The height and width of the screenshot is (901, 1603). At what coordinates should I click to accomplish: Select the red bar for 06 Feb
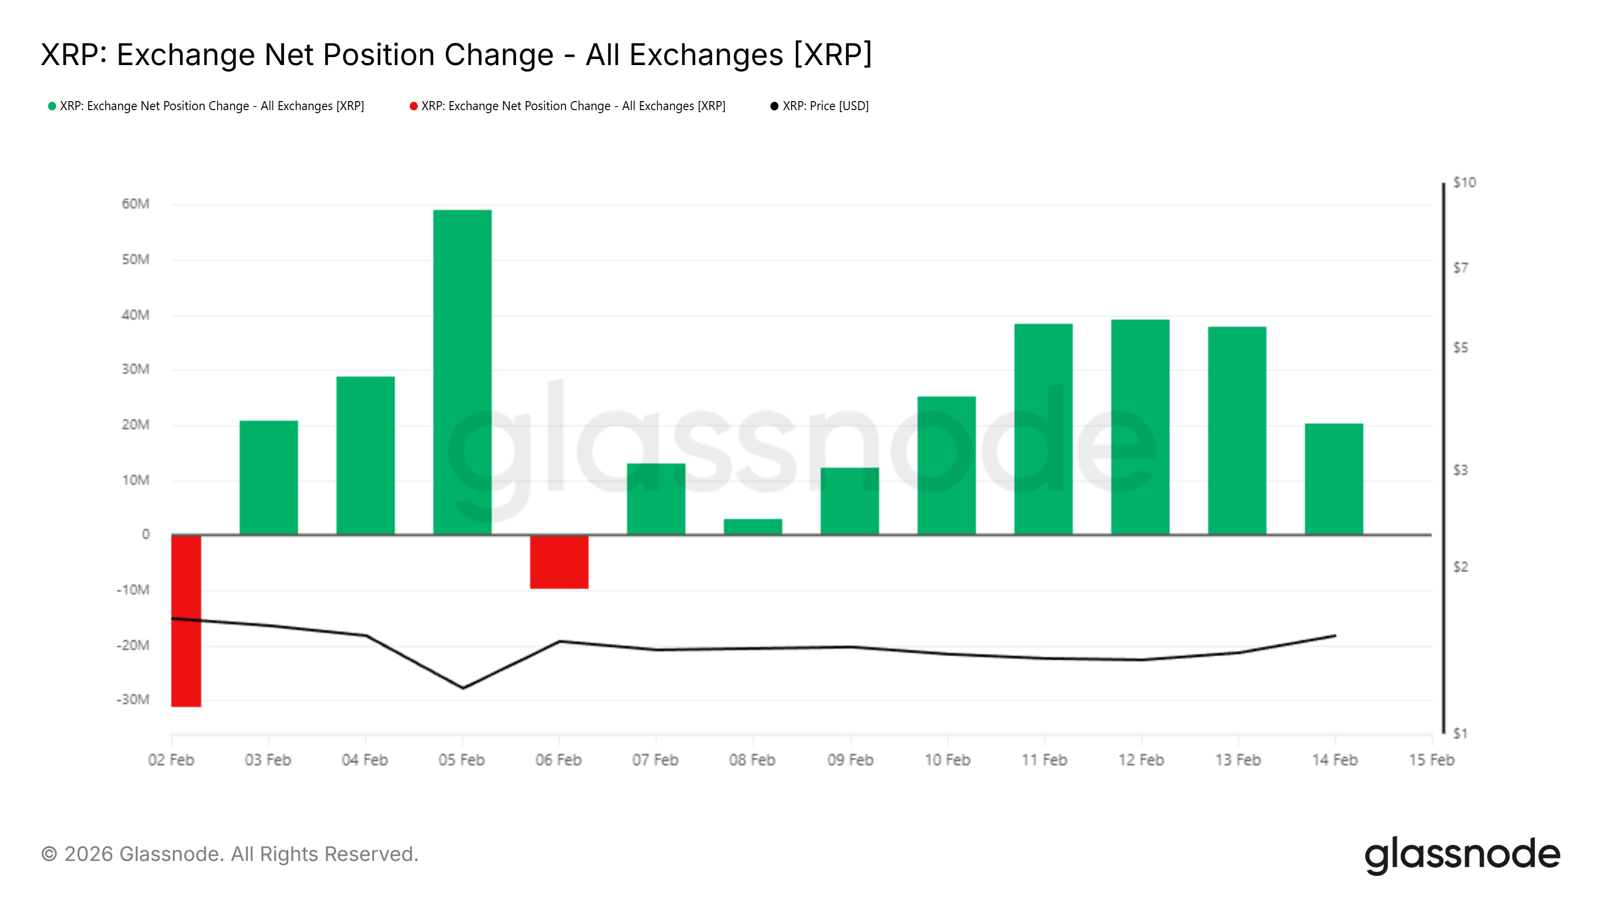[x=559, y=562]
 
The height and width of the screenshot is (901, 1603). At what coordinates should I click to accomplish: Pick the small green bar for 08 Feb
[x=752, y=527]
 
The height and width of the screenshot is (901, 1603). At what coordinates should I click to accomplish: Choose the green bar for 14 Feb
[x=1333, y=479]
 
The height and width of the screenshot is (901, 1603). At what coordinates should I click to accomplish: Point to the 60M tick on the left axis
[x=136, y=204]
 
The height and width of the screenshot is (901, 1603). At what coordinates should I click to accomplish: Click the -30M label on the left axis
[x=133, y=700]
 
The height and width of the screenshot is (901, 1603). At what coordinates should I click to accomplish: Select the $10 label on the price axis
[x=1464, y=182]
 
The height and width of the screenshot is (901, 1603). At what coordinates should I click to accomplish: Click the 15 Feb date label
[x=1431, y=760]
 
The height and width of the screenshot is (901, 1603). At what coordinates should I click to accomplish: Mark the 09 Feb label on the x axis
[x=850, y=760]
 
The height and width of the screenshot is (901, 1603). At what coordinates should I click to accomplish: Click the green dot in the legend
[x=52, y=106]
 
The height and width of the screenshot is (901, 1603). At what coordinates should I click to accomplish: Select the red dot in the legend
[x=413, y=106]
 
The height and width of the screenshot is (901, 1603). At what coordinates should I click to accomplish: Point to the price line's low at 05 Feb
[x=462, y=688]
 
